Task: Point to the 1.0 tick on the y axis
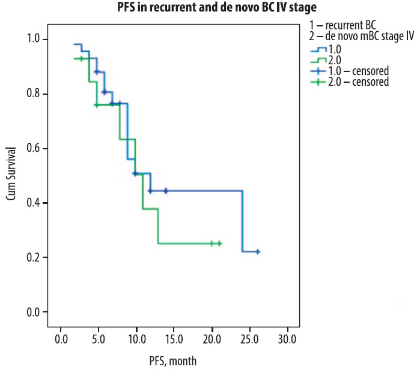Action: pos(35,39)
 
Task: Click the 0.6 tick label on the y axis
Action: pos(35,148)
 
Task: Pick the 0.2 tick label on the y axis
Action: pos(35,257)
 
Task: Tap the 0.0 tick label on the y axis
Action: pos(35,312)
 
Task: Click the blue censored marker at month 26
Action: pos(258,252)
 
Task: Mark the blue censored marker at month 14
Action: pos(165,191)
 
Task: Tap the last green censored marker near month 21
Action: pos(219,243)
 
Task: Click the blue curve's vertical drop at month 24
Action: pos(242,221)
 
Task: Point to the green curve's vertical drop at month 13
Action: pos(158,226)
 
